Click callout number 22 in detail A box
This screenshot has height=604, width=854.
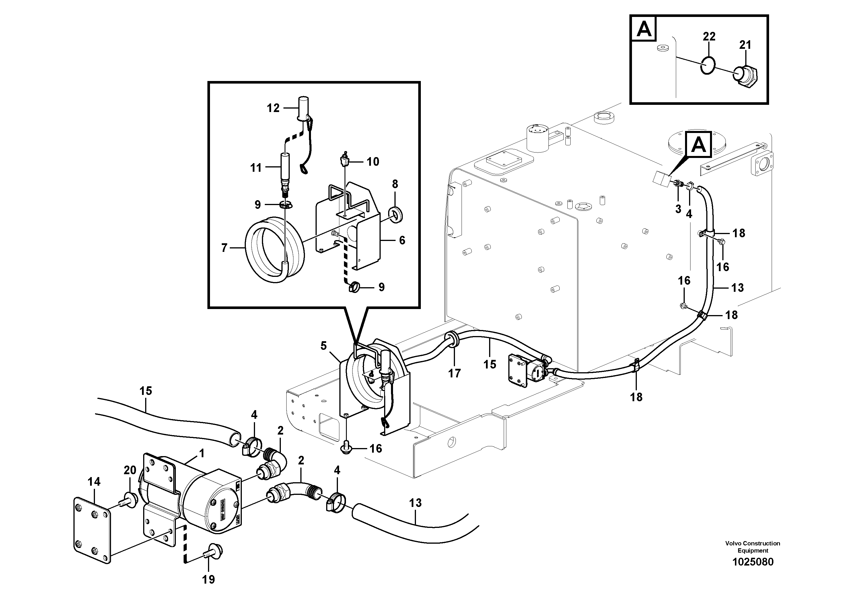tap(709, 36)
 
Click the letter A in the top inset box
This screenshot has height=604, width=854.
tap(644, 29)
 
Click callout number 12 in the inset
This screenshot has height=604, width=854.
tap(273, 108)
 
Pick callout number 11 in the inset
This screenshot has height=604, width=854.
tap(256, 168)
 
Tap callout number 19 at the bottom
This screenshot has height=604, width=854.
tap(208, 579)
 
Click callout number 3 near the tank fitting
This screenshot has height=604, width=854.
tap(678, 209)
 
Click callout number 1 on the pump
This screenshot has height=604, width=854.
tap(202, 453)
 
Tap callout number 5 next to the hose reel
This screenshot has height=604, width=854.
tap(323, 346)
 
